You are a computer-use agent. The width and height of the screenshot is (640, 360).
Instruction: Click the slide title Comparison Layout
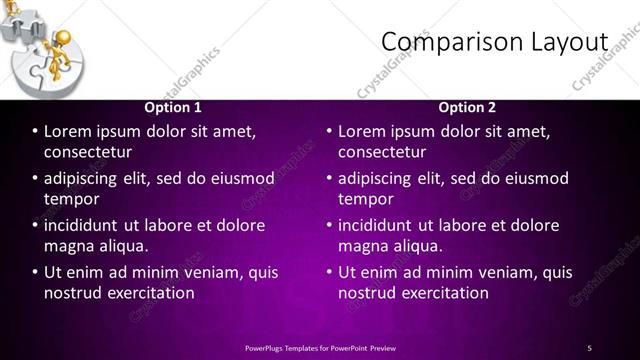pos(495,42)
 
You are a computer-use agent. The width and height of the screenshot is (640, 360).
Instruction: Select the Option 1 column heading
pos(173,107)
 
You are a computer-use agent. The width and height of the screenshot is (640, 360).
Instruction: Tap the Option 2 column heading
pos(467,107)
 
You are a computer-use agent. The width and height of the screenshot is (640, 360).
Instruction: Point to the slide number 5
pos(590,347)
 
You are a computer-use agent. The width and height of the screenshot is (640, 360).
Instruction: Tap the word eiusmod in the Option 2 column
pos(536,179)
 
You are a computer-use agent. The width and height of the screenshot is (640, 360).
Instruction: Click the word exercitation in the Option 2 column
pos(439,293)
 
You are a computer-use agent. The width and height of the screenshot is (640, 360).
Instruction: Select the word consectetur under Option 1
pos(88,152)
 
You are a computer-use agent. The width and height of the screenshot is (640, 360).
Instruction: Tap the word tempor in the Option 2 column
pos(365,200)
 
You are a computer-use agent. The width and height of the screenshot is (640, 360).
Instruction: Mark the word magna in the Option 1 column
pos(68,246)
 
